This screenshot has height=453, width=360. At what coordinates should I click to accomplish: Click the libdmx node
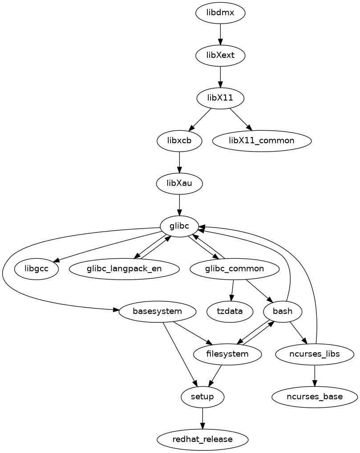(x=220, y=13)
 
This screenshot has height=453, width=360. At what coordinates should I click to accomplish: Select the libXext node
(x=220, y=56)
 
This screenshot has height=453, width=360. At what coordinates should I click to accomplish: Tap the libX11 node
(x=220, y=98)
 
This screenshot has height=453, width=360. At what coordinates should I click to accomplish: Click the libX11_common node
(x=262, y=140)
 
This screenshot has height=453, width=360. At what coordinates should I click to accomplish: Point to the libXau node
(x=179, y=183)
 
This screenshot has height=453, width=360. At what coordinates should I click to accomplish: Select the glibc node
(x=179, y=226)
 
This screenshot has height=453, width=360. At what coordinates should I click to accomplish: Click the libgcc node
(x=37, y=269)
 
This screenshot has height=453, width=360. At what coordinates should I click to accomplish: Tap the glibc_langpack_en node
(x=124, y=269)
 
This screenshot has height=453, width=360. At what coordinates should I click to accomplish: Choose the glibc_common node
(x=235, y=269)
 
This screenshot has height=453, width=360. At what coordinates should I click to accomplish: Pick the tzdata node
(x=230, y=311)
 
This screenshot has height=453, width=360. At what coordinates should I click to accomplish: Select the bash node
(x=283, y=311)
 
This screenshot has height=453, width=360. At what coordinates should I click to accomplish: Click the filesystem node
(x=227, y=354)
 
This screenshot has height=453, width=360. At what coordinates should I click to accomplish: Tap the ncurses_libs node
(x=315, y=354)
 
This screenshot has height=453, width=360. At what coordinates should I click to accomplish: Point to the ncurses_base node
(x=315, y=397)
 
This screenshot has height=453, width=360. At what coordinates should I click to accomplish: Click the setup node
(x=202, y=397)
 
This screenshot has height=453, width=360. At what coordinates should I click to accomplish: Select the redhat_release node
(x=202, y=439)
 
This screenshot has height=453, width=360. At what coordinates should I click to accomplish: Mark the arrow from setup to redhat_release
(x=202, y=418)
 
